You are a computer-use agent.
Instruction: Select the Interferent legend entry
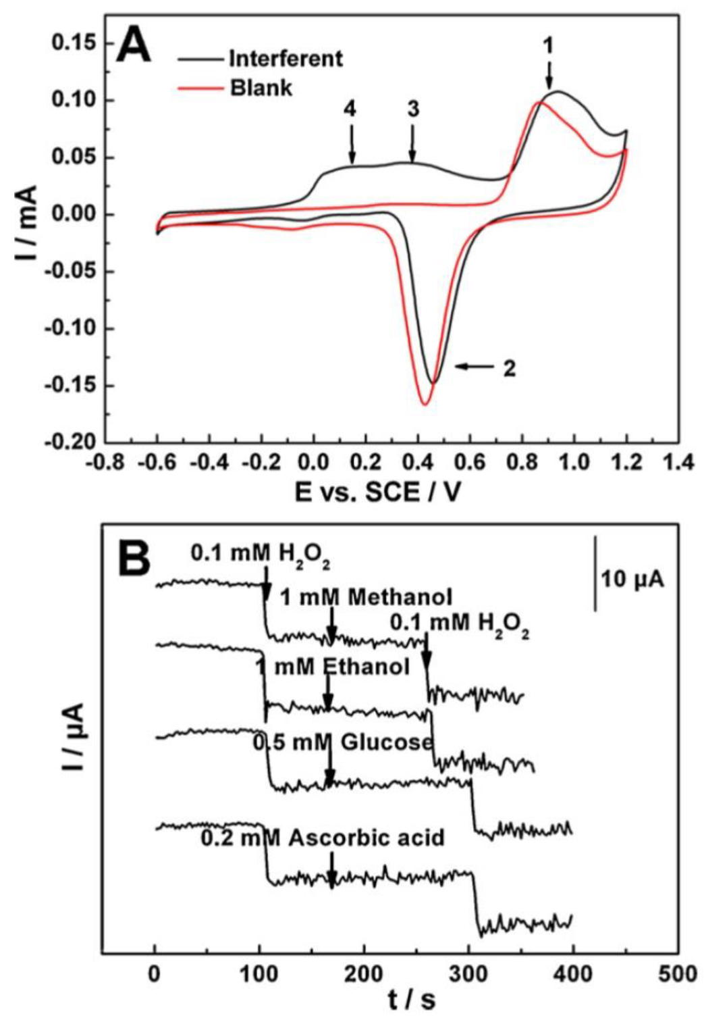286,59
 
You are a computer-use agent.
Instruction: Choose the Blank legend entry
261,88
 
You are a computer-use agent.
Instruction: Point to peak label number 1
549,45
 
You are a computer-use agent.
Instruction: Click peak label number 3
413,109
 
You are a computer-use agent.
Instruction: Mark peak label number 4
350,109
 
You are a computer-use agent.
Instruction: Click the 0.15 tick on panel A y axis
75,43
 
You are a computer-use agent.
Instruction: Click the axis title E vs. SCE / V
378,492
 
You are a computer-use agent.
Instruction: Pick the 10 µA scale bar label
632,579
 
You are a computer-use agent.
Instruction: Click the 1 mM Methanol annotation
366,597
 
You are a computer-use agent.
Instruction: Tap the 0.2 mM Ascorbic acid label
323,838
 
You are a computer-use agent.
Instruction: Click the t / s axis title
412,1000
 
